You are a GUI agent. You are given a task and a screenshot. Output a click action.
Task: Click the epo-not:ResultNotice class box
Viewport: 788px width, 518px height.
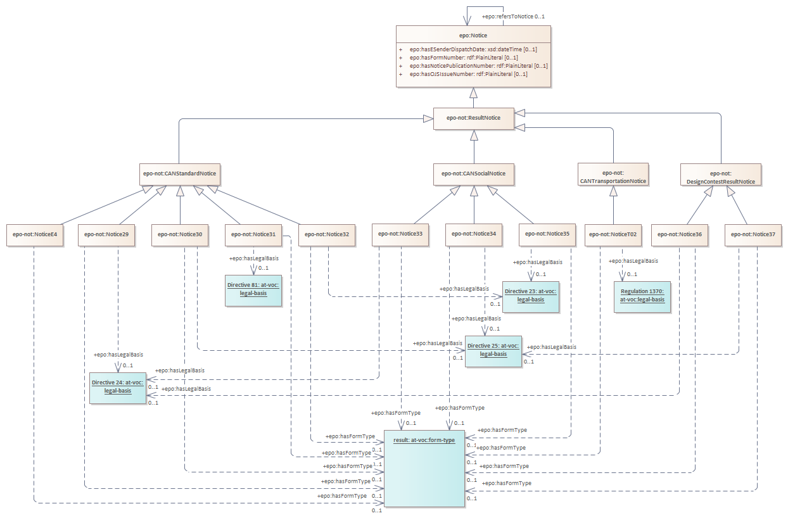coord(474,118)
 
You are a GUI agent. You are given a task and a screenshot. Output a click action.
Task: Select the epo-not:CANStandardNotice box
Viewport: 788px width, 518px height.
coord(181,173)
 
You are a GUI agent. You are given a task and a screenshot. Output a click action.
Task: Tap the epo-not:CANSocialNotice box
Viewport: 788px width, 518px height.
coord(474,173)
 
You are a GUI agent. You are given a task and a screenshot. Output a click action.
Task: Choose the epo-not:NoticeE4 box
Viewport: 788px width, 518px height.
coord(34,234)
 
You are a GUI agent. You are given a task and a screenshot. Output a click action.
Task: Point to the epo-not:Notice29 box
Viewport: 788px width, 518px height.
coord(107,234)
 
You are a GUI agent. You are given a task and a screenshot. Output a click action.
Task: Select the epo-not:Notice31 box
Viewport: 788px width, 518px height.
coord(253,234)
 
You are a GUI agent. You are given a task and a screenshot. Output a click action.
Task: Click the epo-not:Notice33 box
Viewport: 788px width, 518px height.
coord(400,234)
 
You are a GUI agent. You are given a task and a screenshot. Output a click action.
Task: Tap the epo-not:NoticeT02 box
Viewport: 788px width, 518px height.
coord(613,234)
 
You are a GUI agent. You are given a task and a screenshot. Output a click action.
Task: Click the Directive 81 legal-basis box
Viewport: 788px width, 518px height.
coord(253,289)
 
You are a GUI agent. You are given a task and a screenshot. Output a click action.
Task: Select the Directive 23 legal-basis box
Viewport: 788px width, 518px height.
coord(531,296)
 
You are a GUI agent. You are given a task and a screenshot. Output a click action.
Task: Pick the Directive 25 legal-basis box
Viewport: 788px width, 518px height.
coord(493,351)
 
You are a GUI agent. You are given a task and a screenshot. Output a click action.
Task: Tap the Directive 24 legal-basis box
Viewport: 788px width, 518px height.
coord(118,388)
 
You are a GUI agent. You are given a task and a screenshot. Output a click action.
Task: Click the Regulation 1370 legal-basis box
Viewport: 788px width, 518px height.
coord(642,296)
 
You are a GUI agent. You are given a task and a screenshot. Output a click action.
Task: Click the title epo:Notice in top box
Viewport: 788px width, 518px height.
coord(474,35)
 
